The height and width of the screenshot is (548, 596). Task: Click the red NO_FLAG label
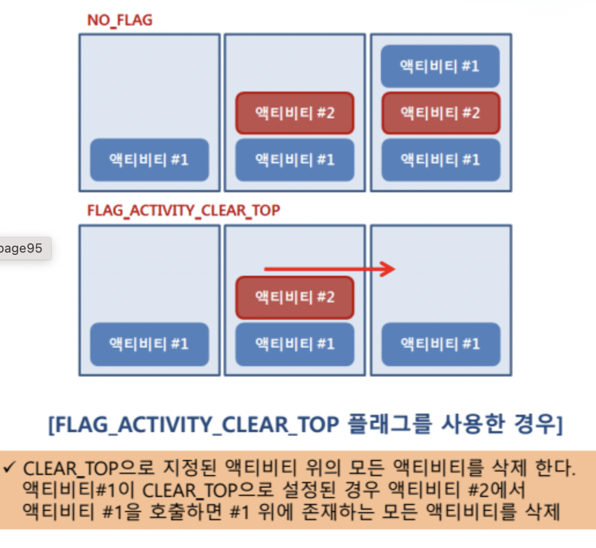point(120,21)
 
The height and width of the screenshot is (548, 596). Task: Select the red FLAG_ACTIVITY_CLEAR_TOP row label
point(183,210)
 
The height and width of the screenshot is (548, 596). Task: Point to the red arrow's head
point(389,269)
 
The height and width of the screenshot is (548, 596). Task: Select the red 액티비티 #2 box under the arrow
point(295,297)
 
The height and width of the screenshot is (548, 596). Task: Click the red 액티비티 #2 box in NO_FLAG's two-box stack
point(295,113)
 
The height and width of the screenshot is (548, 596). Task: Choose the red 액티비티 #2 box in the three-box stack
point(440,113)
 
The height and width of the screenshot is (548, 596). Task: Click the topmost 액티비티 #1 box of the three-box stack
point(440,66)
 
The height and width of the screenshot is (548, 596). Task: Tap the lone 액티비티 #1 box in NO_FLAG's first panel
point(149,159)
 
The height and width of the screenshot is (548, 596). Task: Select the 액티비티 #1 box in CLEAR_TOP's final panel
point(440,344)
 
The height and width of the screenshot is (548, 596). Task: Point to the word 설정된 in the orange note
point(279,490)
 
